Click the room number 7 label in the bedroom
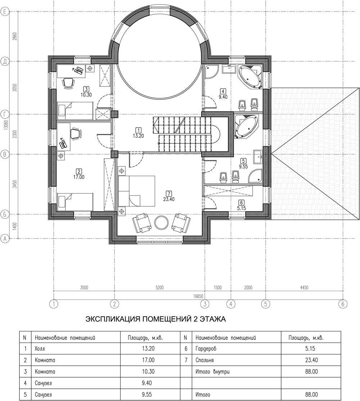(x=168, y=193)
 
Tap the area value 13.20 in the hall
(x=138, y=136)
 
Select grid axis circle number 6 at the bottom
(x=343, y=304)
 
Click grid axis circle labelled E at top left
(x=5, y=12)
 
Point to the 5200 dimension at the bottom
(x=159, y=288)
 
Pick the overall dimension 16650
(x=198, y=296)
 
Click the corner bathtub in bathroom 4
(x=250, y=77)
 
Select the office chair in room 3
(x=68, y=83)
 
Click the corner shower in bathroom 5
(x=256, y=176)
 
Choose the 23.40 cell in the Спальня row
(x=311, y=360)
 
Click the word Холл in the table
(x=40, y=348)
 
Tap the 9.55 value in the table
(x=148, y=395)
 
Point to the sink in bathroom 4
(x=229, y=69)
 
